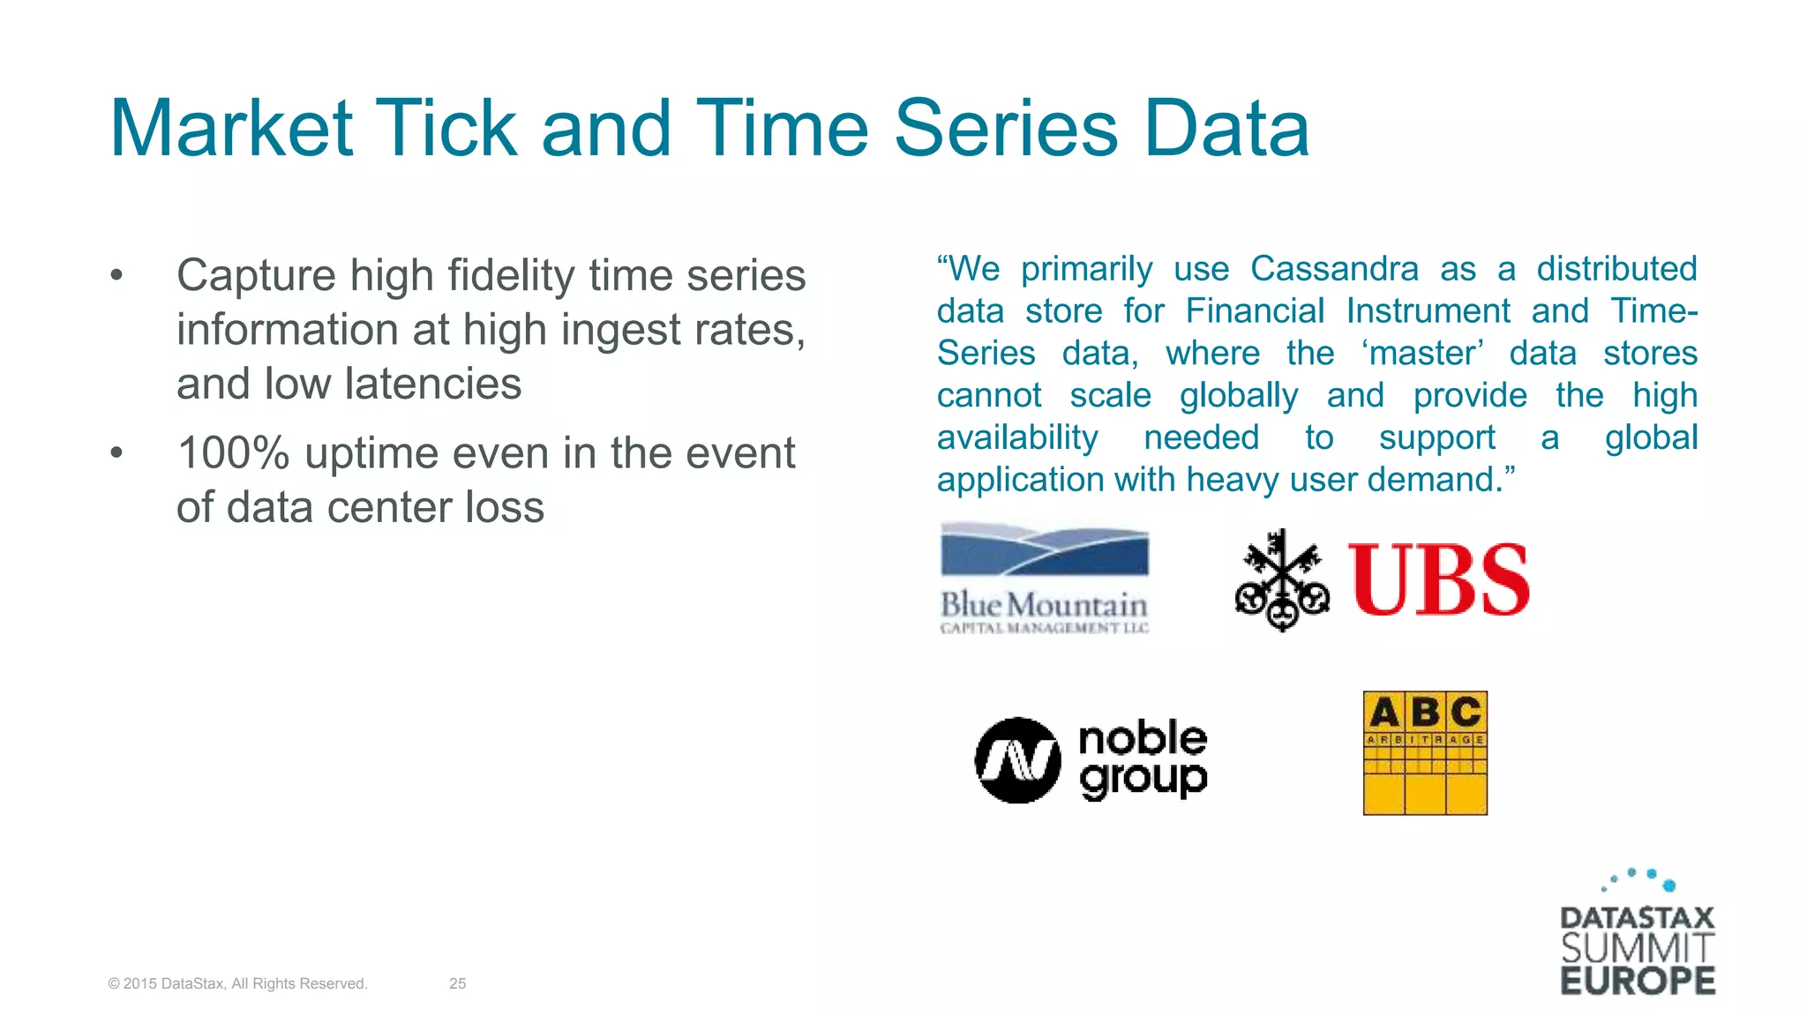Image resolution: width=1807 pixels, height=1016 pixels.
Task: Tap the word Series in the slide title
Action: click(1006, 129)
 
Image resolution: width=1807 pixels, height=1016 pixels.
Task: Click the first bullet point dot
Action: click(116, 276)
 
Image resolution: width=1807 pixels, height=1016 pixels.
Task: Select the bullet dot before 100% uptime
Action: click(116, 454)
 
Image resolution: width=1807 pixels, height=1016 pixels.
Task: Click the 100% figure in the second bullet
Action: click(233, 454)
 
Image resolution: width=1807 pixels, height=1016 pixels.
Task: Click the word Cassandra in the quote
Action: click(1334, 269)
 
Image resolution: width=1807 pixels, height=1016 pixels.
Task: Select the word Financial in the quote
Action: click(1254, 311)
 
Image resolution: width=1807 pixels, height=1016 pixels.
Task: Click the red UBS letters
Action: click(1438, 580)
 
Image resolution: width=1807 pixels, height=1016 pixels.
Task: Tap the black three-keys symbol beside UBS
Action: click(1281, 580)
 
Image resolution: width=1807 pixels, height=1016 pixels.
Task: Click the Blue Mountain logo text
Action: click(1044, 606)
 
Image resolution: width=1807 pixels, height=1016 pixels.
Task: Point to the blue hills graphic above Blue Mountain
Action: click(1045, 551)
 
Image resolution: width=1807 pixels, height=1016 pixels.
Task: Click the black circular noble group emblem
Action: click(1017, 760)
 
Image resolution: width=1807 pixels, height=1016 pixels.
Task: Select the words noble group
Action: click(1143, 758)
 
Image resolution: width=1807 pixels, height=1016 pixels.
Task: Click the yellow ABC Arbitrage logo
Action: click(1425, 752)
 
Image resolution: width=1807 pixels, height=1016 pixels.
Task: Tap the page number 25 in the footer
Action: click(457, 983)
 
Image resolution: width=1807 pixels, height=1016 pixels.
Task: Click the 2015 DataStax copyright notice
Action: click(237, 983)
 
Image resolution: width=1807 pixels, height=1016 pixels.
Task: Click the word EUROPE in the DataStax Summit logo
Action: click(1638, 981)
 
